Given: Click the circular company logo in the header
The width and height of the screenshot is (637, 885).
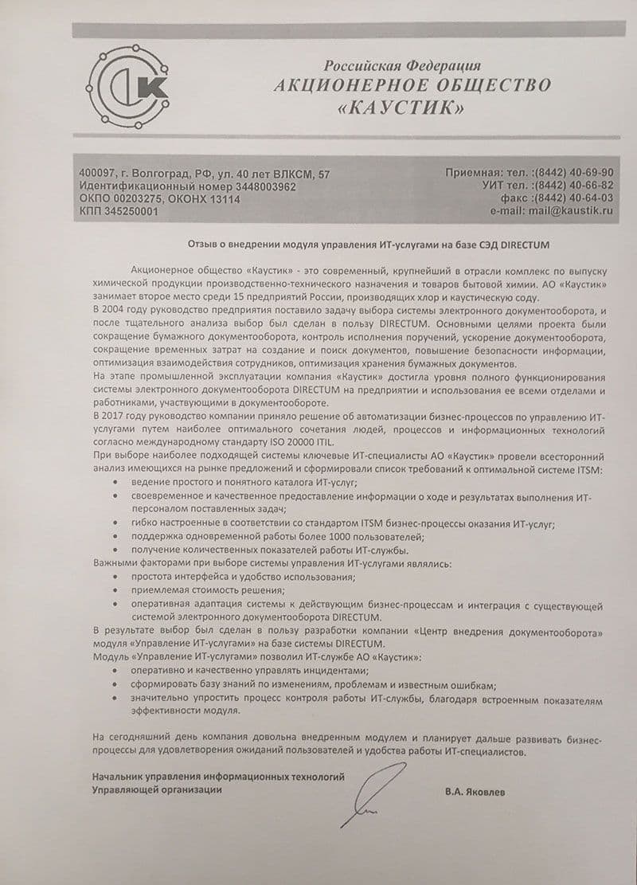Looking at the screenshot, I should (x=127, y=87).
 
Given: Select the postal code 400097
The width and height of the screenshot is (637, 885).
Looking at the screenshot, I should (x=97, y=174).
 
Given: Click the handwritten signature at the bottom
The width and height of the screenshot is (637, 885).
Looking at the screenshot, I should (x=370, y=793).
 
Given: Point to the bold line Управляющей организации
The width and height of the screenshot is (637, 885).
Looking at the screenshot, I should (x=158, y=789).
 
